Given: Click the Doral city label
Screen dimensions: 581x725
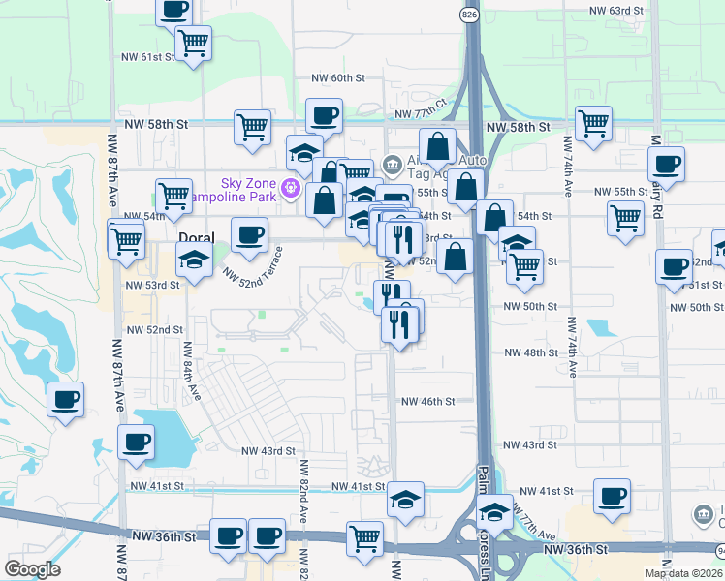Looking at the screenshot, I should point(196,237).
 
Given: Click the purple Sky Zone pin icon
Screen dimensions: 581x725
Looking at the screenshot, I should point(289,186).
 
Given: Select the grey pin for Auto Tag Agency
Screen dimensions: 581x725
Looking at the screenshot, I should point(392,163).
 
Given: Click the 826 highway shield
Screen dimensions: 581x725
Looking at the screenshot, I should point(469,15).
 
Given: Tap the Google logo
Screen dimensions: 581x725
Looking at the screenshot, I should point(32,569).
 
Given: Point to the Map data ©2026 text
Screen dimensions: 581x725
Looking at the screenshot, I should point(683,573).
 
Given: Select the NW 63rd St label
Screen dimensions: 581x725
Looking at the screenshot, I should point(617,11).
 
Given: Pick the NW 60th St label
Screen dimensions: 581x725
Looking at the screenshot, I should point(337,77).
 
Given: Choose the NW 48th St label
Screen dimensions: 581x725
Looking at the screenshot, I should point(530,352).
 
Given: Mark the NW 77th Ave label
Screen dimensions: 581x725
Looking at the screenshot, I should point(534,524).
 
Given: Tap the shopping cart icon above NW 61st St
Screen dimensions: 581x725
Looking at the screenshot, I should point(193,41).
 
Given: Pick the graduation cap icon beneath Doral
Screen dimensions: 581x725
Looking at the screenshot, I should point(194,259).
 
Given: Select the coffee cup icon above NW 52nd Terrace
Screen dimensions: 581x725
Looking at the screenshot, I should point(249,234).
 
